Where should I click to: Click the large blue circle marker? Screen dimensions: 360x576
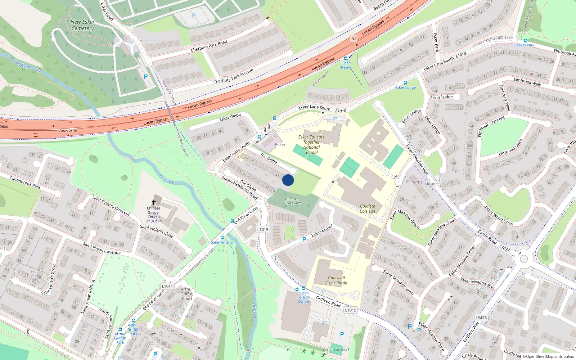(288, 180)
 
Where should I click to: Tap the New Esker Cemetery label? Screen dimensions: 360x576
(82, 25)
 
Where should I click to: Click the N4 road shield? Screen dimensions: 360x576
(354, 39)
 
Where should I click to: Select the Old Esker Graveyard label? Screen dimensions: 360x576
(292, 201)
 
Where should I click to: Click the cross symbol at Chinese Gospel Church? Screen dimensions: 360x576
(154, 203)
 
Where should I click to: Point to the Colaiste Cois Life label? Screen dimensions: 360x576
(368, 209)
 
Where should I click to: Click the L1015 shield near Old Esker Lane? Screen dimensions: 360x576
(263, 229)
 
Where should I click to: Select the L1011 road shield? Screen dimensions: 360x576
(167, 286)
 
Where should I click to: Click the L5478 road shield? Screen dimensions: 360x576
(481, 318)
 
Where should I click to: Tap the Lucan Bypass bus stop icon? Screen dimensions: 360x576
(346, 58)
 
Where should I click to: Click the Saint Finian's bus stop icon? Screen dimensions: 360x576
(222, 238)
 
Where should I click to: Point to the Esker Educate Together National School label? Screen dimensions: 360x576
(311, 144)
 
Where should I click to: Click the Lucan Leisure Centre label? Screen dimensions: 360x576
(303, 297)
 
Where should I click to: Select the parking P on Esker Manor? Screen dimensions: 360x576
(304, 239)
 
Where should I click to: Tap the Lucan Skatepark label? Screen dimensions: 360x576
(336, 349)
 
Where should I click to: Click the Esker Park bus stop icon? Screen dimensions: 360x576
(526, 41)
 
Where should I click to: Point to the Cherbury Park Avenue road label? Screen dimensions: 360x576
(233, 76)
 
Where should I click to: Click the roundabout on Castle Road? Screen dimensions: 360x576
(523, 258)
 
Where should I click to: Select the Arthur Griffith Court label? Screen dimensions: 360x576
(187, 294)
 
